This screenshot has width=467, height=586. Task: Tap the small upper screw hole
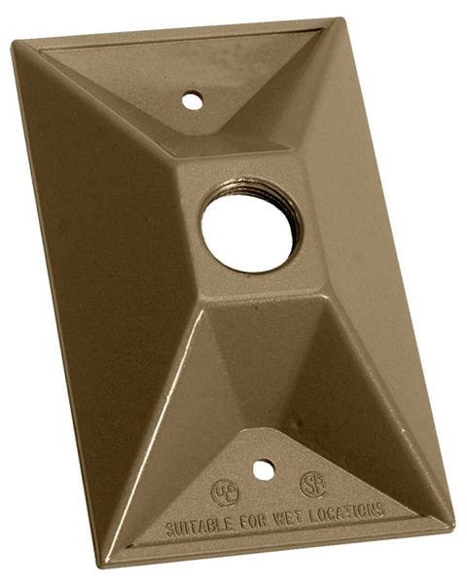[193, 98]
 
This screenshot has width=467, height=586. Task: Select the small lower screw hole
[263, 470]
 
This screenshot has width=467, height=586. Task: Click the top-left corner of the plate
[14, 43]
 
